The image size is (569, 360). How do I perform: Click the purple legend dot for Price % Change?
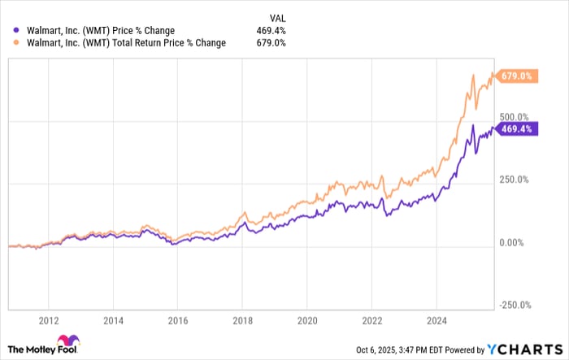17,31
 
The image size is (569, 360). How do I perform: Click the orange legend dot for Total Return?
17,43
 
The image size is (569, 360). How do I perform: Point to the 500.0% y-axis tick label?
514,117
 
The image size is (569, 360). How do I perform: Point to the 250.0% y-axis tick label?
514,180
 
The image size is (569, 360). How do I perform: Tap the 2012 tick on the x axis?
49,320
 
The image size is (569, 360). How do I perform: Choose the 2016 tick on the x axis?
178,320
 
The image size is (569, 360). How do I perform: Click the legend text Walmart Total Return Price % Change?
127,43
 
